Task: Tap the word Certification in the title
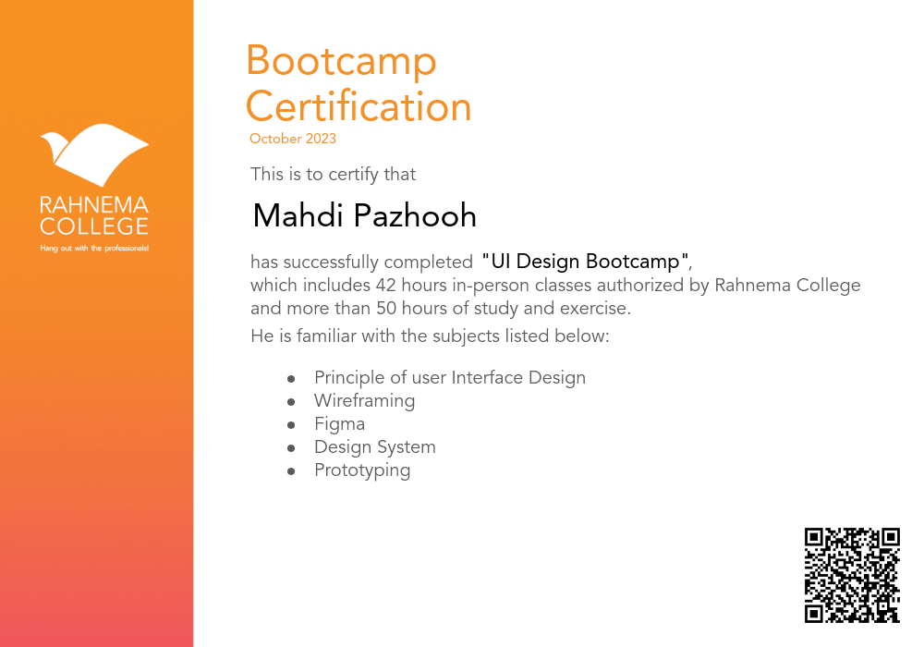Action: tap(359, 106)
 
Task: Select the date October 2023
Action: tap(293, 140)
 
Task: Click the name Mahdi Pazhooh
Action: tap(365, 216)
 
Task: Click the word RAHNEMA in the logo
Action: tap(94, 204)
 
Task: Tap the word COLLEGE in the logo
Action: tap(94, 226)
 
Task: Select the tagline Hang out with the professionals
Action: tap(94, 249)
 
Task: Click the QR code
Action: tap(852, 575)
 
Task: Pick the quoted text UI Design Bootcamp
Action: tap(586, 262)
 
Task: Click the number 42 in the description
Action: tap(386, 285)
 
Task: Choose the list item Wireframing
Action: tap(364, 401)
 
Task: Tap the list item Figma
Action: tap(339, 424)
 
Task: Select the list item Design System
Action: tap(374, 447)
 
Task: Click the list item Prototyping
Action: tap(362, 470)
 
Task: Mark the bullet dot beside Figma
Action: tap(291, 425)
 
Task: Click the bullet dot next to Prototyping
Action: tap(291, 471)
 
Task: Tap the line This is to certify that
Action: tap(334, 175)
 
